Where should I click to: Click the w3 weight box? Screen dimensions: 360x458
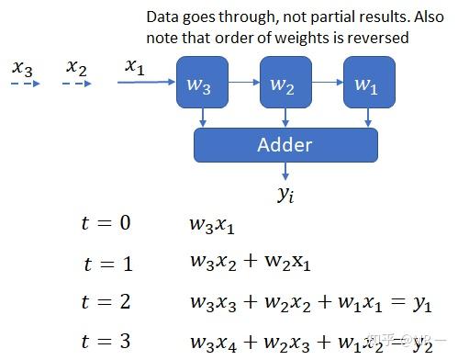[x=202, y=84]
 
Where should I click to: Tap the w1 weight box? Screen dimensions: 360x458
[x=369, y=84]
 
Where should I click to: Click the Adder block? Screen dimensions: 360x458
[x=285, y=144]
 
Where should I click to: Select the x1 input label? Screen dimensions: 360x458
[x=135, y=66]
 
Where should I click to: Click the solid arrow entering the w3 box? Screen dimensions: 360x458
[x=147, y=84]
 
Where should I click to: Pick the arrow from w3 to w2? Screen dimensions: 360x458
[x=243, y=83]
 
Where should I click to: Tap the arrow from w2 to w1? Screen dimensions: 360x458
[x=327, y=83]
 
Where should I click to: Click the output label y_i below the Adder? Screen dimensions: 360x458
[x=285, y=194]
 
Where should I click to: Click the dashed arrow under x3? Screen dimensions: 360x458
[x=25, y=84]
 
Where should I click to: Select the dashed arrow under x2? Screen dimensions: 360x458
[x=79, y=84]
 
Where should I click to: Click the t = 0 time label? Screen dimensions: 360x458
[x=106, y=223]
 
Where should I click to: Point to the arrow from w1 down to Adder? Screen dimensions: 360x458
[x=369, y=118]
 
